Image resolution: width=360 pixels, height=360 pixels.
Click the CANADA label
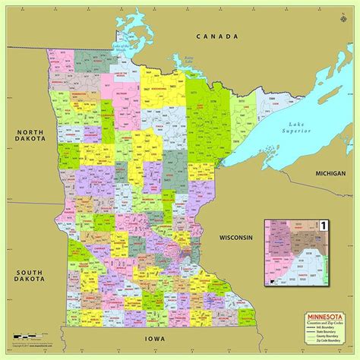click(216, 36)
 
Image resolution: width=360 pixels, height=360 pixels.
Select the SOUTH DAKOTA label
click(24, 276)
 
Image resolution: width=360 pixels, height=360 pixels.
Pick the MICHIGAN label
click(332, 174)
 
